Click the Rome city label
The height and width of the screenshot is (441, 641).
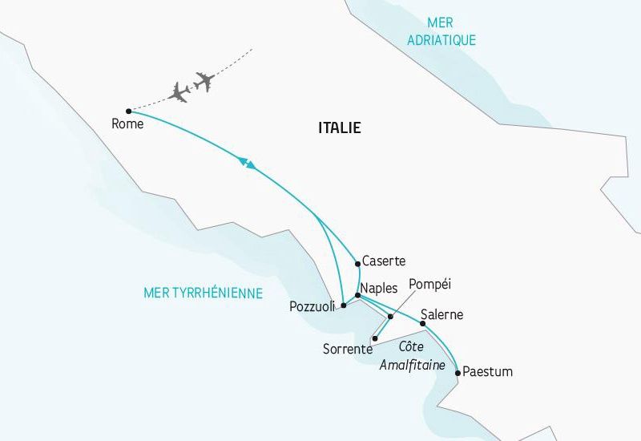[x=127, y=124]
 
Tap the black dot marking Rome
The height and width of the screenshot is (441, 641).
[x=128, y=111]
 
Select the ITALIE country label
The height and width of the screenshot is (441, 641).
[x=340, y=127]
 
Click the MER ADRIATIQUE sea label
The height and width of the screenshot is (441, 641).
[x=441, y=32]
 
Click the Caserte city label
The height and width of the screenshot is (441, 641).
[x=384, y=261]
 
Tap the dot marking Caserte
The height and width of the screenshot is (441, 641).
[x=357, y=263]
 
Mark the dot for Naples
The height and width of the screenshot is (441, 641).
[x=357, y=296]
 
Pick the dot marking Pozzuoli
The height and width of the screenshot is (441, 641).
[x=343, y=305]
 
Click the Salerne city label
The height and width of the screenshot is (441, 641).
[x=441, y=315]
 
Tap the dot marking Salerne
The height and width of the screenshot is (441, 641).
[x=422, y=323]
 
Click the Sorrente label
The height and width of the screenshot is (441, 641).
[x=347, y=350]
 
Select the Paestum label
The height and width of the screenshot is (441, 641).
[x=488, y=372]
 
